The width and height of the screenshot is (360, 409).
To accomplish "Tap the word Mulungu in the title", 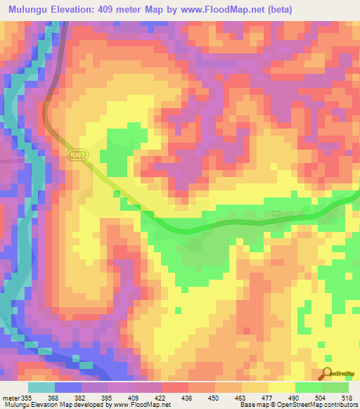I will click(x=31, y=8).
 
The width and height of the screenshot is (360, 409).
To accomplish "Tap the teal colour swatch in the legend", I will click(x=41, y=387).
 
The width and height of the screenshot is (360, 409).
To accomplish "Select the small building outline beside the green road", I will click(x=276, y=212).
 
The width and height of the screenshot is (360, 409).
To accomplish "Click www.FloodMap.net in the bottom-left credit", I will click(x=145, y=405).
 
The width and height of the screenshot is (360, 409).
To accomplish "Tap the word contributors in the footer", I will click(x=340, y=405).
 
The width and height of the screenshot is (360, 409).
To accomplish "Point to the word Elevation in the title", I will click(x=79, y=8).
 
